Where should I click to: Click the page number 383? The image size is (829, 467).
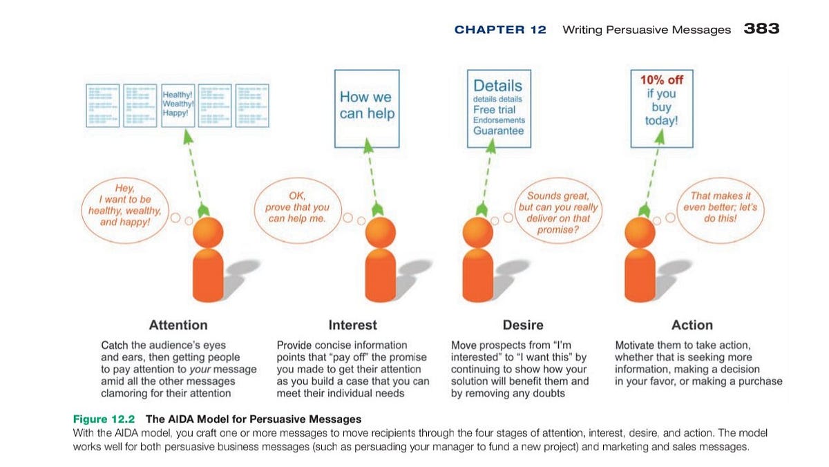point(761,29)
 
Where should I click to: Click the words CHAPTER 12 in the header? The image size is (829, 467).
point(500,30)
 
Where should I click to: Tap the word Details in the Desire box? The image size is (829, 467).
point(498,86)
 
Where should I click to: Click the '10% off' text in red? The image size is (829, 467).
point(661,80)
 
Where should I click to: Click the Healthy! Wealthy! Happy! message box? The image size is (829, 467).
point(178,104)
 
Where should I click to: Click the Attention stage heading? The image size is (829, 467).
point(178,325)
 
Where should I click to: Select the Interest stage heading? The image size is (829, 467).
point(352,325)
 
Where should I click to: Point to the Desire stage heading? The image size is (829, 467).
point(522,325)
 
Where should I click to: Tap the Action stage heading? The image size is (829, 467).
point(692,325)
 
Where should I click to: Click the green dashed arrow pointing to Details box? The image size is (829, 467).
point(488,176)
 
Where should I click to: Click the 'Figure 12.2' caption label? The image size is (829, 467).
point(107,419)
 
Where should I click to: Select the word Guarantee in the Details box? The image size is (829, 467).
point(498,131)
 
